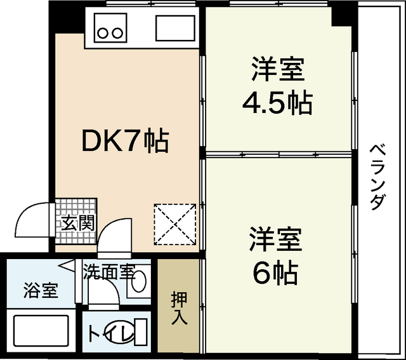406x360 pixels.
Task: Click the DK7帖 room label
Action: pos(125,140)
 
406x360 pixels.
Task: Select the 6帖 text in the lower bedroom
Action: pos(275,273)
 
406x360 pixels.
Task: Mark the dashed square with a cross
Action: pos(174,223)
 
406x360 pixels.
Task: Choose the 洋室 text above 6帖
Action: pos(275,240)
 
